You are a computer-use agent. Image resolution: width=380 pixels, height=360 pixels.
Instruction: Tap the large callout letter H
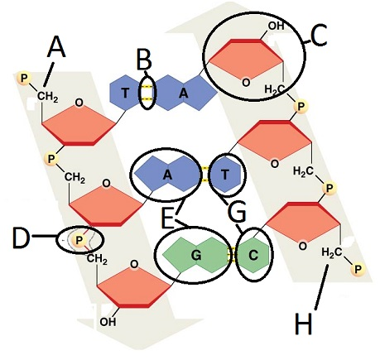pyautogui.click(x=303, y=324)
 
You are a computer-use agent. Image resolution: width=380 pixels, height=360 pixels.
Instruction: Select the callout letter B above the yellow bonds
pyautogui.click(x=144, y=60)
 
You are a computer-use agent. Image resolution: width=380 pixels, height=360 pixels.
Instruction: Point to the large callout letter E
pyautogui.click(x=167, y=218)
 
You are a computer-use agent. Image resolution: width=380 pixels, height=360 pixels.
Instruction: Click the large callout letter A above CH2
pyautogui.click(x=56, y=47)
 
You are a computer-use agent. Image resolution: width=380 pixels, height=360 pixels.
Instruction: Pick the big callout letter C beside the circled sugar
pyautogui.click(x=319, y=35)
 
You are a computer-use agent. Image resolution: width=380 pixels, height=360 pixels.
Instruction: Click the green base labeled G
pyautogui.click(x=196, y=255)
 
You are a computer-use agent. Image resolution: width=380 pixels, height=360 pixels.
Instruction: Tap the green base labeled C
pyautogui.click(x=253, y=255)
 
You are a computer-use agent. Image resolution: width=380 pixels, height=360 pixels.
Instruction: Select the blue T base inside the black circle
pyautogui.click(x=225, y=175)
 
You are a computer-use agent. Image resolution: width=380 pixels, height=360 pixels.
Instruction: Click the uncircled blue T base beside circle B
pyautogui.click(x=124, y=93)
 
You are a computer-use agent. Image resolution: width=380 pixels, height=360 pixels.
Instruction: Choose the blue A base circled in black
pyautogui.click(x=167, y=175)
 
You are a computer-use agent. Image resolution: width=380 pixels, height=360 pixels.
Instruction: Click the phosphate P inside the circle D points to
pyautogui.click(x=79, y=240)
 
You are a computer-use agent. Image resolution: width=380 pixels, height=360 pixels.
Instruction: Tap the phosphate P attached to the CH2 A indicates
pyautogui.click(x=24, y=79)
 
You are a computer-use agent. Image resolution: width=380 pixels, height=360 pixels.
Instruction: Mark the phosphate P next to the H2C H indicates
pyautogui.click(x=358, y=269)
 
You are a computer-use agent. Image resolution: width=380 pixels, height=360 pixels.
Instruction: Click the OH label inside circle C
pyautogui.click(x=276, y=26)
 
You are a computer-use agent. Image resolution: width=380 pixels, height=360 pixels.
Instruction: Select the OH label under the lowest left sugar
pyautogui.click(x=108, y=322)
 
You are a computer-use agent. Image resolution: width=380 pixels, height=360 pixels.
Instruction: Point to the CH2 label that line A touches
pyautogui.click(x=47, y=97)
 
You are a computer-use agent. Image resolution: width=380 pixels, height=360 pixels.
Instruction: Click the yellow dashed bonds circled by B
pyautogui.click(x=147, y=93)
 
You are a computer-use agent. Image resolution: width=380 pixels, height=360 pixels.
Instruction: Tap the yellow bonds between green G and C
pyautogui.click(x=233, y=255)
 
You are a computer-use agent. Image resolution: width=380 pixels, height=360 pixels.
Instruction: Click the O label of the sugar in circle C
pyautogui.click(x=246, y=83)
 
